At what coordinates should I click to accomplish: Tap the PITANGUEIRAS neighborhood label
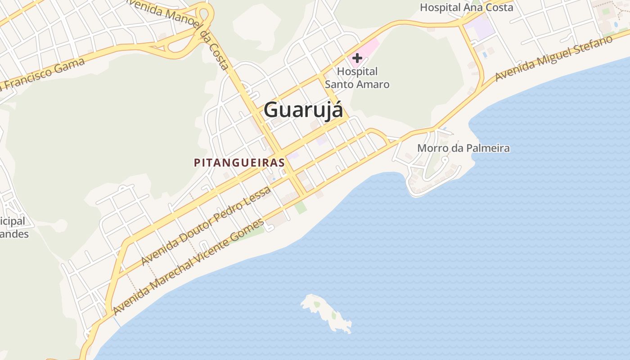[239, 162]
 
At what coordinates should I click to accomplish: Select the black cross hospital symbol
[357, 58]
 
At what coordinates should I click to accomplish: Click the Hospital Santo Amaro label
[357, 77]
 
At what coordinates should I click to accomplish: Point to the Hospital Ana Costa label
[466, 7]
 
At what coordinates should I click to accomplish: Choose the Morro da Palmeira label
[463, 148]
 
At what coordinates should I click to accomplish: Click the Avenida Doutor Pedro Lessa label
[206, 225]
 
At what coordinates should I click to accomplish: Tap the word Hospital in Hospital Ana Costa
[440, 7]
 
